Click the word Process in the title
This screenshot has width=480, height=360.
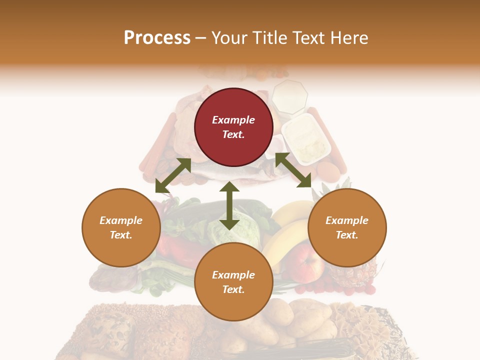click(x=157, y=37)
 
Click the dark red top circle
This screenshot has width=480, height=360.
click(x=233, y=127)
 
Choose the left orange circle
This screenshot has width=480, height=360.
click(x=121, y=227)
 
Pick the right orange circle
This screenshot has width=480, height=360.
click(x=347, y=227)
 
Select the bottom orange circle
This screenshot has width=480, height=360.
click(x=233, y=282)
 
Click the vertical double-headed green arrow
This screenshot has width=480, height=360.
click(x=229, y=205)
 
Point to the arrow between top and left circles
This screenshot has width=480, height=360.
click(x=173, y=175)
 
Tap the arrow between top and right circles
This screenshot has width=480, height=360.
click(x=293, y=170)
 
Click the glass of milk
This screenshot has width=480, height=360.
click(x=289, y=96)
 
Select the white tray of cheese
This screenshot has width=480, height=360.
click(x=306, y=138)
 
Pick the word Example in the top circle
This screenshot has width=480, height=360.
click(x=233, y=120)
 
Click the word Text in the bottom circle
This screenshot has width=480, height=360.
click(x=233, y=289)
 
